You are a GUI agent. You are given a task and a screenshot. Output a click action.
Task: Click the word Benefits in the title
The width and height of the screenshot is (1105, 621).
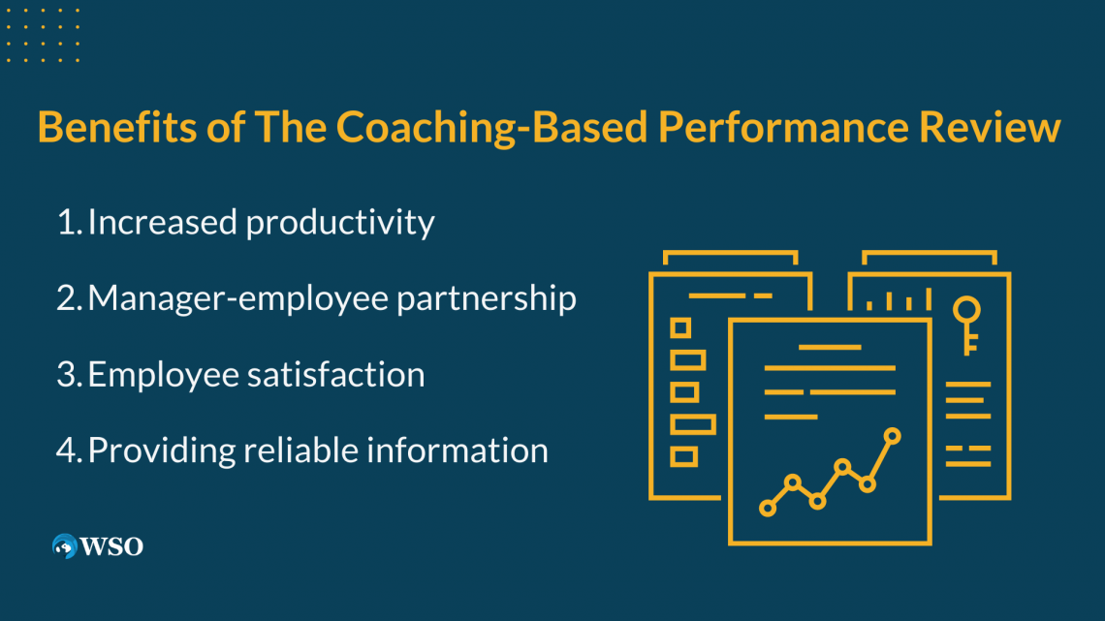tap(117, 127)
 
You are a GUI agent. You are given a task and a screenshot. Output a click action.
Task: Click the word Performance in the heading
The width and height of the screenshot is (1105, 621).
tap(783, 127)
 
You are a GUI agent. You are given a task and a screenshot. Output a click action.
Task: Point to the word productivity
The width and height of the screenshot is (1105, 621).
tap(339, 223)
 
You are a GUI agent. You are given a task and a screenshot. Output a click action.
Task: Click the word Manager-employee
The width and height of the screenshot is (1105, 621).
tap(238, 298)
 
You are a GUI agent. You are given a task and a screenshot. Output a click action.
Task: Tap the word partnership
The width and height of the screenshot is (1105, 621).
tap(487, 298)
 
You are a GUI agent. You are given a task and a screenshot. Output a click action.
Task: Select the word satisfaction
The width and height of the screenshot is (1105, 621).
tap(335, 374)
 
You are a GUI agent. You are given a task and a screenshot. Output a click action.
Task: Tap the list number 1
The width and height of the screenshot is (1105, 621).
tap(68, 223)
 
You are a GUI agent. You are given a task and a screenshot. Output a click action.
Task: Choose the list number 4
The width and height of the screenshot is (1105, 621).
tap(68, 450)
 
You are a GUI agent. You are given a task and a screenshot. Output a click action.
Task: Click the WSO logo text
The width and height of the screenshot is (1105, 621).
tap(111, 546)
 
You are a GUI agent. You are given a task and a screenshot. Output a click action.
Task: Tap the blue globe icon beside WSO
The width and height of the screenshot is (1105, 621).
tap(65, 546)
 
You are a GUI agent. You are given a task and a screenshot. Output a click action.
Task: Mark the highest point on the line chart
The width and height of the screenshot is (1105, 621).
tap(892, 437)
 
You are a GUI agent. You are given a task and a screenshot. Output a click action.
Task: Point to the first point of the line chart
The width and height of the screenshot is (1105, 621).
tap(768, 508)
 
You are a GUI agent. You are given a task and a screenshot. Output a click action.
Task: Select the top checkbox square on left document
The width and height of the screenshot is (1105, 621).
tap(680, 328)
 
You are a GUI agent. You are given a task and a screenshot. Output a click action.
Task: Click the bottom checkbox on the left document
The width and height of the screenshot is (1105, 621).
tap(683, 457)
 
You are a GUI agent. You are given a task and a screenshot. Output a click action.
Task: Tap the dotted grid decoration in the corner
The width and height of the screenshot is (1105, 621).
tap(43, 35)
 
